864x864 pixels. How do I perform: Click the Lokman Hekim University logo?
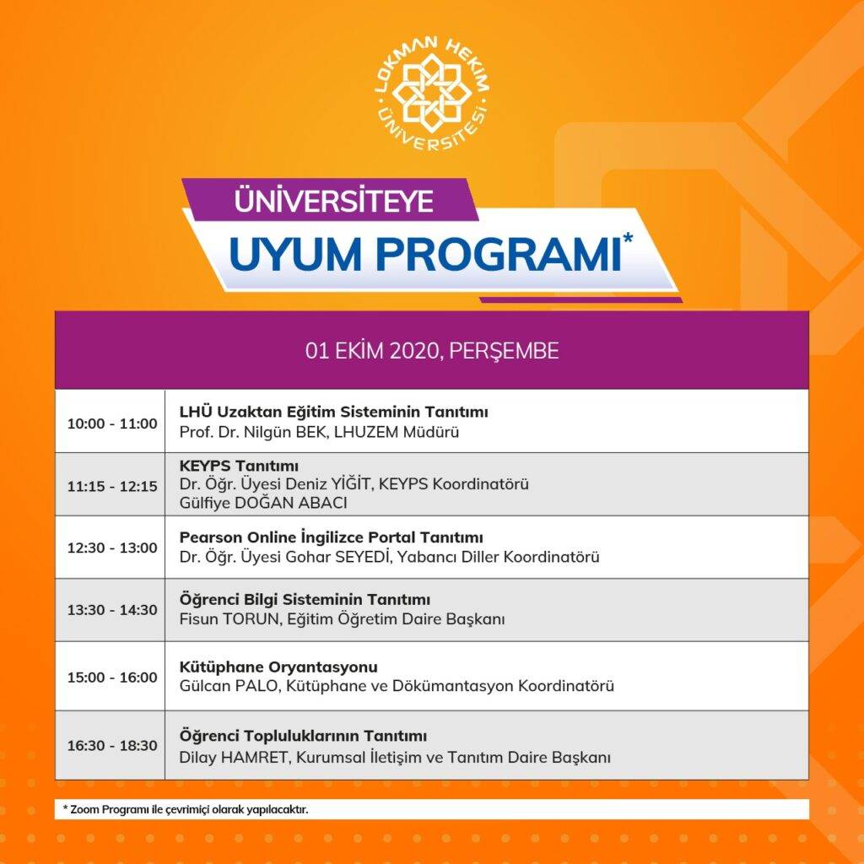pyautogui.click(x=432, y=94)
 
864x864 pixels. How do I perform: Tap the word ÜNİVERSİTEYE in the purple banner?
pyautogui.click(x=334, y=200)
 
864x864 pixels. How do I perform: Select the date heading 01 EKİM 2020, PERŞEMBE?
pyautogui.click(x=432, y=350)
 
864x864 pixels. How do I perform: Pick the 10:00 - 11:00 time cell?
pyautogui.click(x=112, y=424)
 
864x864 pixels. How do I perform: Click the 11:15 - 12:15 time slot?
pyautogui.click(x=112, y=486)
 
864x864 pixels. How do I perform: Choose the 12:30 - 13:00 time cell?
pyautogui.click(x=112, y=548)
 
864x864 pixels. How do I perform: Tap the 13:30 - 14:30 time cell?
pyautogui.click(x=112, y=610)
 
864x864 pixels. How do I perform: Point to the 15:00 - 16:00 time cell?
pyautogui.click(x=112, y=678)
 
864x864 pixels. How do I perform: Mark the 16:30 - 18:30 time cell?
pyautogui.click(x=112, y=746)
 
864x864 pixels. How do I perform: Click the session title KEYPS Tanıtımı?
pyautogui.click(x=239, y=466)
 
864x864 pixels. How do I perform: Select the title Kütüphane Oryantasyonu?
pyautogui.click(x=278, y=667)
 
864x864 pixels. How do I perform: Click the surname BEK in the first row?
pyautogui.click(x=312, y=431)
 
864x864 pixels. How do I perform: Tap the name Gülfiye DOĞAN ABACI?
pyautogui.click(x=263, y=503)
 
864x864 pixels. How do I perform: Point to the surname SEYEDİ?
pyautogui.click(x=363, y=557)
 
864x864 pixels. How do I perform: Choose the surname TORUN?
pyautogui.click(x=252, y=618)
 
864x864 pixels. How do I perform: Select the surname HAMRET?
pyautogui.click(x=255, y=757)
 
